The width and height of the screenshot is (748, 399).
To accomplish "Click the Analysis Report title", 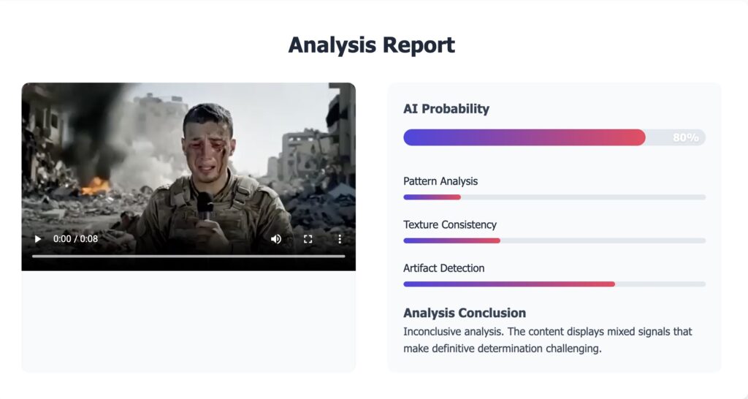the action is pyautogui.click(x=372, y=45).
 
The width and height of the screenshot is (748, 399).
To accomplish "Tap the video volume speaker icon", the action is pyautogui.click(x=276, y=239).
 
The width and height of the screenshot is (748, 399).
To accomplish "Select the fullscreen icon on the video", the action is pyautogui.click(x=308, y=239).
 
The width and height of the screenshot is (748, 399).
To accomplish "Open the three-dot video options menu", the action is pyautogui.click(x=340, y=239).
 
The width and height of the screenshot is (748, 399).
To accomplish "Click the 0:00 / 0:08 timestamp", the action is pyautogui.click(x=75, y=239).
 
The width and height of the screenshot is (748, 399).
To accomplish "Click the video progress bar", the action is pyautogui.click(x=188, y=256).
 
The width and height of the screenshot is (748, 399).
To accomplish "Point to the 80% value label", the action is pyautogui.click(x=685, y=137).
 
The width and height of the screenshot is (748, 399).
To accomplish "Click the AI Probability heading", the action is pyautogui.click(x=446, y=109).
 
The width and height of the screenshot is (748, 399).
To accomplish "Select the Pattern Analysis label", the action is pyautogui.click(x=440, y=181).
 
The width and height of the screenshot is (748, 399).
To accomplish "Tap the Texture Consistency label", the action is pyautogui.click(x=450, y=225).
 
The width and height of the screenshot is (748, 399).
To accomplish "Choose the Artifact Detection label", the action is pyautogui.click(x=443, y=268).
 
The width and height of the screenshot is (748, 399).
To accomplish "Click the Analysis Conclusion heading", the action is pyautogui.click(x=465, y=313).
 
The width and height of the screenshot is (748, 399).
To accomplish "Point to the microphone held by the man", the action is pyautogui.click(x=205, y=205).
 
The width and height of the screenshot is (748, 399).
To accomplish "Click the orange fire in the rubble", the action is pyautogui.click(x=96, y=186).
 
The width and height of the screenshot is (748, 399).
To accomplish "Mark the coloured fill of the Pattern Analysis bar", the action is pyautogui.click(x=432, y=197).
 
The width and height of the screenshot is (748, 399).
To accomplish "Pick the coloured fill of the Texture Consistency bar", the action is pyautogui.click(x=451, y=240).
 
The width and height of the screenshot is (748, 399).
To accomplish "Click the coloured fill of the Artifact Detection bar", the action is pyautogui.click(x=509, y=284).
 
